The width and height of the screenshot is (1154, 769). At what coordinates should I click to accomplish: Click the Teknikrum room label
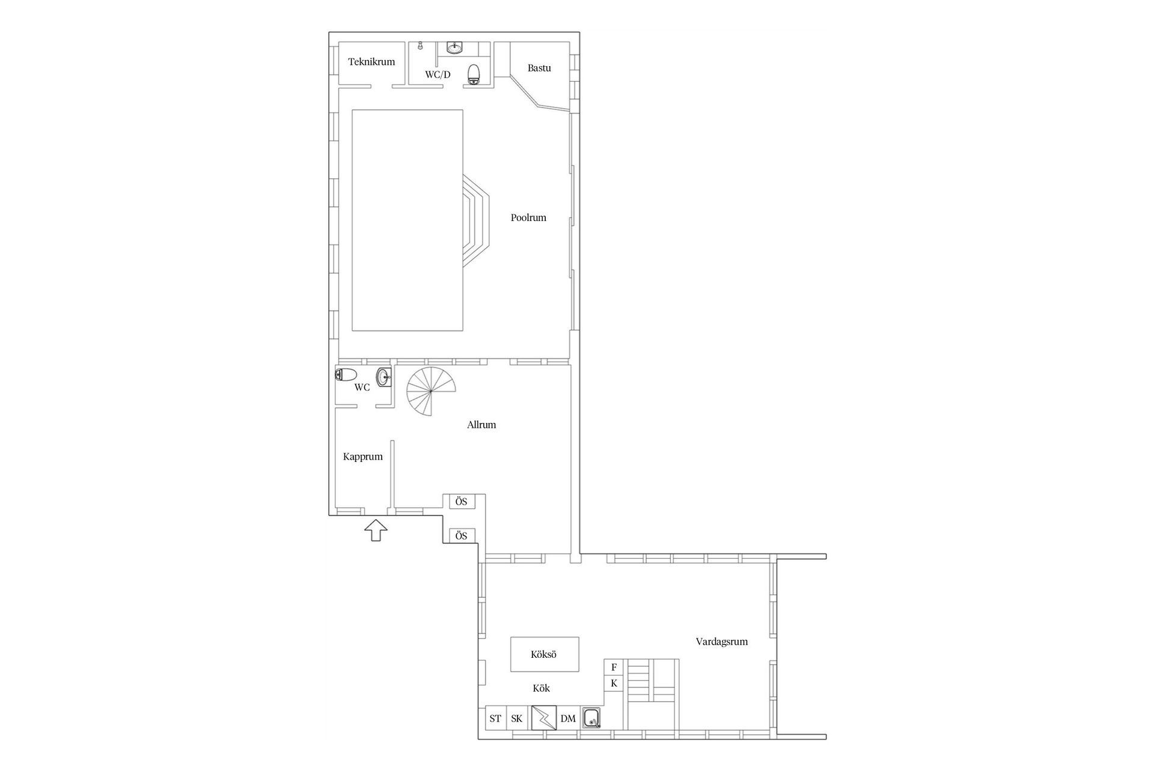[x=371, y=61]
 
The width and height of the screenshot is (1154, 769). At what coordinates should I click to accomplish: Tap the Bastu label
[x=539, y=68]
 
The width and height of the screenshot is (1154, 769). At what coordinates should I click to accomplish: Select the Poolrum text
[x=528, y=217]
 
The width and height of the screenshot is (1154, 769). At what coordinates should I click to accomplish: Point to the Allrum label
[x=481, y=425]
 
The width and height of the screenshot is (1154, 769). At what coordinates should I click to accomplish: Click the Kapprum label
[x=363, y=457]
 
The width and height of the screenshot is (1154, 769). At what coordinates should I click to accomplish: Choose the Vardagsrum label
[x=722, y=642]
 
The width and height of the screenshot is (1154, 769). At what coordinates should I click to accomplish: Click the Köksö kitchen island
[x=545, y=654]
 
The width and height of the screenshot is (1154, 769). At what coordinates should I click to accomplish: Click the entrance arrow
[x=376, y=530]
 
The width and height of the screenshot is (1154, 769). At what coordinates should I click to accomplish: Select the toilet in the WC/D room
[x=474, y=74]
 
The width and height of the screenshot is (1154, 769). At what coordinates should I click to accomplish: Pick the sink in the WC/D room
[x=454, y=47]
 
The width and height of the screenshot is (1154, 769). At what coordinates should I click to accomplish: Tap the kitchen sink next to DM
[x=591, y=718]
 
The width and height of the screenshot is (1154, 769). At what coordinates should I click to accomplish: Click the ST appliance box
[x=495, y=718]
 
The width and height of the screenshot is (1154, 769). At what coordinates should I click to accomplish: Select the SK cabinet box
[x=517, y=718]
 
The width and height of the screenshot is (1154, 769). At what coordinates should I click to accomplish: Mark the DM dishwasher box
[x=568, y=718]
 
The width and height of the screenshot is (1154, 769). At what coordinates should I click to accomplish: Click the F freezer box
[x=614, y=667]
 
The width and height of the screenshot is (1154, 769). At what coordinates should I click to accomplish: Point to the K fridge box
[x=614, y=684]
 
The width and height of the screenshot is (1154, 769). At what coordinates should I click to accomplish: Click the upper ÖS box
[x=461, y=502]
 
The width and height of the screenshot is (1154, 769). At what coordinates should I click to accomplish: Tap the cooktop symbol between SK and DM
[x=543, y=718]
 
